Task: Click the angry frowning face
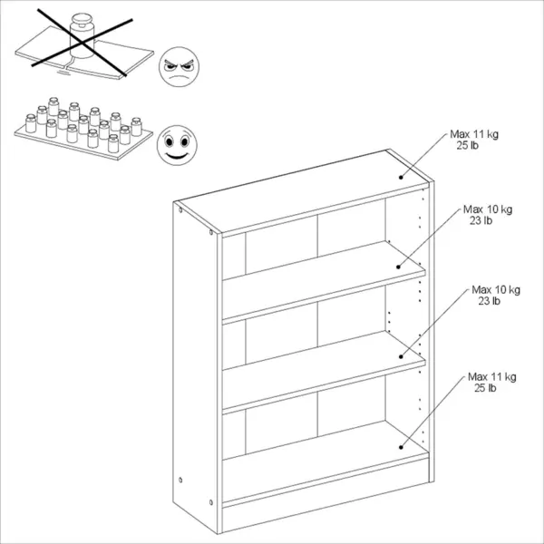(179, 66)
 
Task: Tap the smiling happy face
(177, 145)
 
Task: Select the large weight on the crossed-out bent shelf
(83, 35)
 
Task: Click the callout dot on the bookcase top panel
(401, 178)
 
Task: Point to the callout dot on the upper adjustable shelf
(398, 267)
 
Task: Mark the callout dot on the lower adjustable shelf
(401, 356)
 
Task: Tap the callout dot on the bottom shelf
(401, 447)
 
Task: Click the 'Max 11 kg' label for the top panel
(474, 134)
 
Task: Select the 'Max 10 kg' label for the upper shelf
(488, 209)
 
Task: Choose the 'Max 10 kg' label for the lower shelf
(496, 290)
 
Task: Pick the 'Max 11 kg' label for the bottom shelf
(492, 377)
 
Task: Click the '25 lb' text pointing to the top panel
(467, 145)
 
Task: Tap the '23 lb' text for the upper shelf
(481, 220)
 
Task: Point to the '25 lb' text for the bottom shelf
(485, 388)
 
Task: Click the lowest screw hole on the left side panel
(211, 502)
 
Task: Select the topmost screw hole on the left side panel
(180, 210)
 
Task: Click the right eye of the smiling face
(185, 141)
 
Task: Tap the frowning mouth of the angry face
(179, 77)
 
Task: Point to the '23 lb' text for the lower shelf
(490, 301)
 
